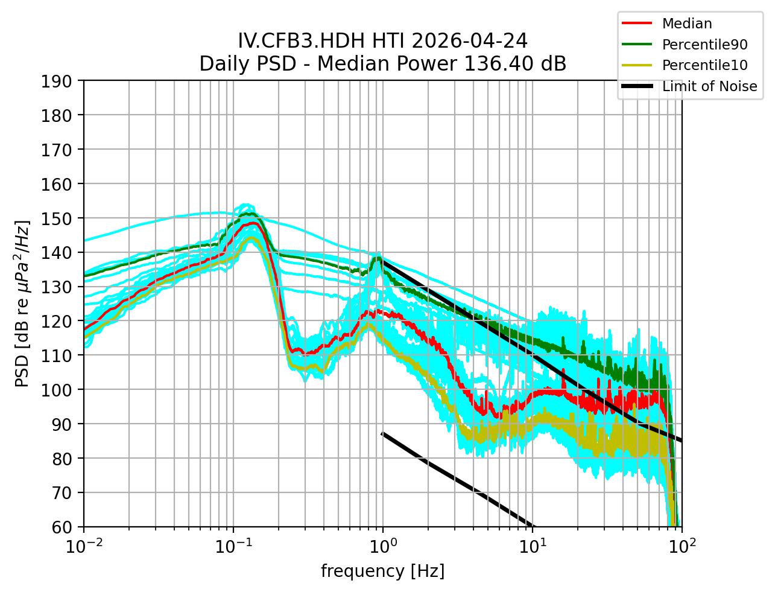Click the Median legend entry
coord(686,24)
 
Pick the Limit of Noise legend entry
coord(709,86)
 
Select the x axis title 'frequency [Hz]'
coord(382,571)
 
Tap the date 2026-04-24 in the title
coord(470,41)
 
